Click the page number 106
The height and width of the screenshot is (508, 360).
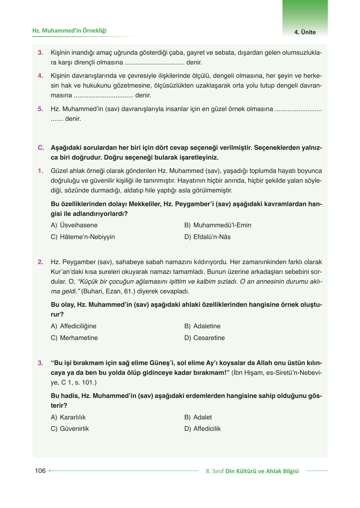click(40, 471)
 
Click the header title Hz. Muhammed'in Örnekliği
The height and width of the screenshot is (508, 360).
click(69, 31)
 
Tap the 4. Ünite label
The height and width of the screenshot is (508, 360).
click(305, 32)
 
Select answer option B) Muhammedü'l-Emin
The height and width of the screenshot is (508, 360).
click(218, 225)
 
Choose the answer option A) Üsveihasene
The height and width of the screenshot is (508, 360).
click(74, 225)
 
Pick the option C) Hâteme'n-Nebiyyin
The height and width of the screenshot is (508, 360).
click(83, 237)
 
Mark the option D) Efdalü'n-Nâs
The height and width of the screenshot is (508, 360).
click(207, 237)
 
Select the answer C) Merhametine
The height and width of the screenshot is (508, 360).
click(74, 338)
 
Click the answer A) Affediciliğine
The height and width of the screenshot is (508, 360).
click(74, 326)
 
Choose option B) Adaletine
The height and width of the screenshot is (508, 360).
click(202, 326)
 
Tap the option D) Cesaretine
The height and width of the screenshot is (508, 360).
click(204, 338)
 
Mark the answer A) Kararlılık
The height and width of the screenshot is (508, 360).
click(68, 417)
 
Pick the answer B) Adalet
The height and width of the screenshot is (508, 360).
click(198, 417)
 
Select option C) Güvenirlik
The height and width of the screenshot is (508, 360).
click(70, 429)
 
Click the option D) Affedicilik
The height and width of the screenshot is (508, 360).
click(202, 429)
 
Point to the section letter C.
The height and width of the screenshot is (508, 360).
click(41, 148)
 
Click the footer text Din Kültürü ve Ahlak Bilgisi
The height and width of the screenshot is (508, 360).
click(262, 471)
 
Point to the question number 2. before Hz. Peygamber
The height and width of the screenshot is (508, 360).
click(40, 262)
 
